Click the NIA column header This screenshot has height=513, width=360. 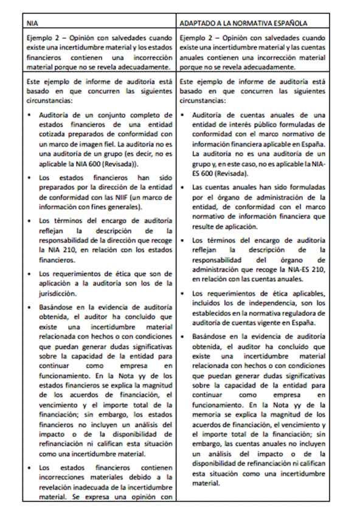coord(33,23)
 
